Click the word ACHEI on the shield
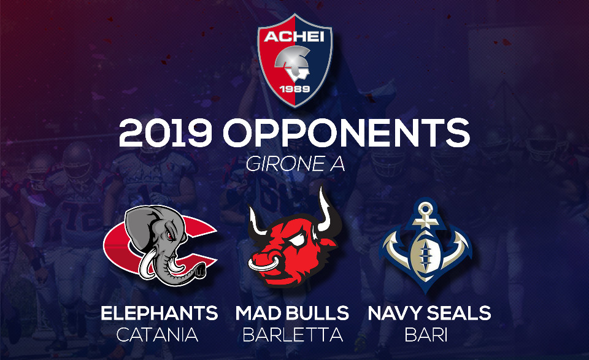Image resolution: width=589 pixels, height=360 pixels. pyautogui.click(x=294, y=37)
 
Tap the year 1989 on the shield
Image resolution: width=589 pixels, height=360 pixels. pyautogui.click(x=295, y=89)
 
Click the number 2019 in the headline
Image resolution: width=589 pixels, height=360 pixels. pyautogui.click(x=166, y=133)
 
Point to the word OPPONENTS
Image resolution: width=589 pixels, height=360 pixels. pyautogui.click(x=346, y=133)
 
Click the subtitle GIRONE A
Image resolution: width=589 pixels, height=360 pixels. pyautogui.click(x=295, y=164)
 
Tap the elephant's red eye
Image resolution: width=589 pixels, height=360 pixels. pyautogui.click(x=170, y=236)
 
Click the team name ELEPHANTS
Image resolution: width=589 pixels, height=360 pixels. pyautogui.click(x=160, y=313)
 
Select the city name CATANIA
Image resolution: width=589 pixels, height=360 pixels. pyautogui.click(x=158, y=335)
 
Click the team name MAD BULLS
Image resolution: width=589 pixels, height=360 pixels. pyautogui.click(x=292, y=313)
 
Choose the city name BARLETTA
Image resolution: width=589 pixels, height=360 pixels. pyautogui.click(x=293, y=335)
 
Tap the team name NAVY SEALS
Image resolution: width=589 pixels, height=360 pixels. pyautogui.click(x=429, y=313)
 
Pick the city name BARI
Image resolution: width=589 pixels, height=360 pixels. pyautogui.click(x=426, y=335)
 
